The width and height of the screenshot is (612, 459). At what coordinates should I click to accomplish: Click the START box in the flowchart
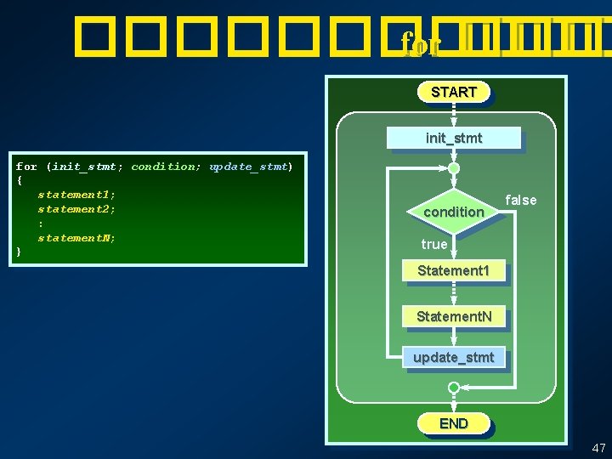point(453,92)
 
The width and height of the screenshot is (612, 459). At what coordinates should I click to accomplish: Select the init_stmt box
point(453,138)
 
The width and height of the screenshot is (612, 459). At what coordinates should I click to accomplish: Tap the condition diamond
point(453,211)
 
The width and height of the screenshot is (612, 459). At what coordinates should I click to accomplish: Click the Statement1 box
point(453,270)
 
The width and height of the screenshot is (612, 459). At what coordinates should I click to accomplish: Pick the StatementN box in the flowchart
point(453,316)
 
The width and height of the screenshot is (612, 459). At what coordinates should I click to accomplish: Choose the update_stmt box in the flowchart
point(453,357)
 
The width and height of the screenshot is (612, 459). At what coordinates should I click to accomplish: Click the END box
point(453,422)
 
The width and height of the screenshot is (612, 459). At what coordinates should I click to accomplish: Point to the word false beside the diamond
point(521,200)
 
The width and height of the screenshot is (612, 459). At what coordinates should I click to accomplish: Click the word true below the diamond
point(433,244)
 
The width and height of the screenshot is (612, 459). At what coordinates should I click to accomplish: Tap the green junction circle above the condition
point(454,168)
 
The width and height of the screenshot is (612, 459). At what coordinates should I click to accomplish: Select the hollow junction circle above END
point(454,388)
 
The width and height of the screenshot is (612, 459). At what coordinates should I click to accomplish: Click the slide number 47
point(598,447)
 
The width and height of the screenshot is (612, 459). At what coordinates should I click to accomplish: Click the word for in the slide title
point(420,42)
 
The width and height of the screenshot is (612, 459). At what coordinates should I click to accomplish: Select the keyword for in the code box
point(26,167)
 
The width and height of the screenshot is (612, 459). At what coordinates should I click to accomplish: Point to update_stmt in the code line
point(248,167)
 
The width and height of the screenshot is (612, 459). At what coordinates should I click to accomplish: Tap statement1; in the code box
point(76,195)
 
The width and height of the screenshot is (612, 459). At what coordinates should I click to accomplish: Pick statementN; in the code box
point(76,238)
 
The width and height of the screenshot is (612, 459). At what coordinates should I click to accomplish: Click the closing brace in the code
point(19,252)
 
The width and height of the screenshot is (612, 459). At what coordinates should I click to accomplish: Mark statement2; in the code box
point(76,209)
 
